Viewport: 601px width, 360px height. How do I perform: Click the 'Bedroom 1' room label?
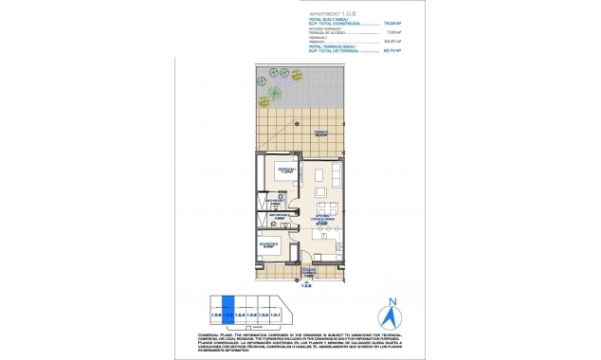pyautogui.click(x=282, y=171)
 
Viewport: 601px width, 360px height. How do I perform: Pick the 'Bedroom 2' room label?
pyautogui.click(x=269, y=243)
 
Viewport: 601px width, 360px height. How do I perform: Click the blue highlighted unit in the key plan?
pyautogui.click(x=228, y=314)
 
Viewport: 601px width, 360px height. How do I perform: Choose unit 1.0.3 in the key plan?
pyautogui.click(x=252, y=314)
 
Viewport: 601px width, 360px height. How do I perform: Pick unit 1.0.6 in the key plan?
pyautogui.click(x=215, y=314)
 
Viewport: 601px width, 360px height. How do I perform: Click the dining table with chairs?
pyautogui.click(x=329, y=207)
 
